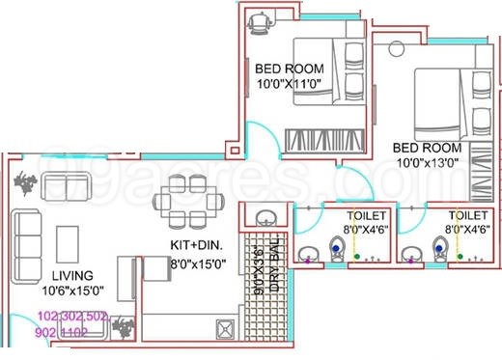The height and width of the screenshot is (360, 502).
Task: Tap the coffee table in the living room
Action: pos(68,238)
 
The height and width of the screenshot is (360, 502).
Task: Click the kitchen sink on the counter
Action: pos(223,334)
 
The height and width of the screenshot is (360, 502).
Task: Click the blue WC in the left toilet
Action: pos(335,247)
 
